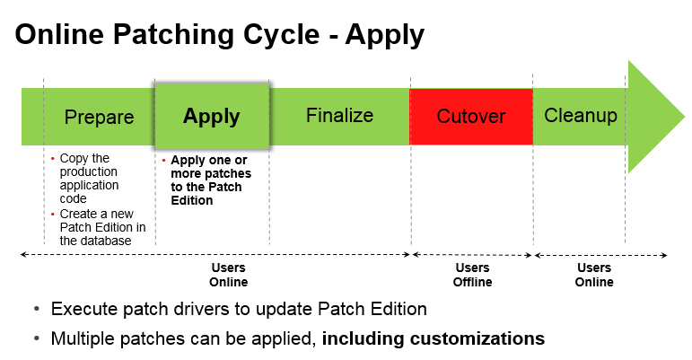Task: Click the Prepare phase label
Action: (99, 117)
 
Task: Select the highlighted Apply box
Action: (212, 116)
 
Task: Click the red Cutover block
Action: (471, 117)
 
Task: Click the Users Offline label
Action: (472, 275)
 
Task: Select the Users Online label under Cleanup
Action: (594, 275)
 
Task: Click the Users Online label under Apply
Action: (229, 275)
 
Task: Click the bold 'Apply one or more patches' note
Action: (210, 180)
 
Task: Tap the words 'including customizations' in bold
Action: (434, 338)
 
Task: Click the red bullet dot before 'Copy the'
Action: (52, 159)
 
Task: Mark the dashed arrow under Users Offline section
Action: (472, 255)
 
